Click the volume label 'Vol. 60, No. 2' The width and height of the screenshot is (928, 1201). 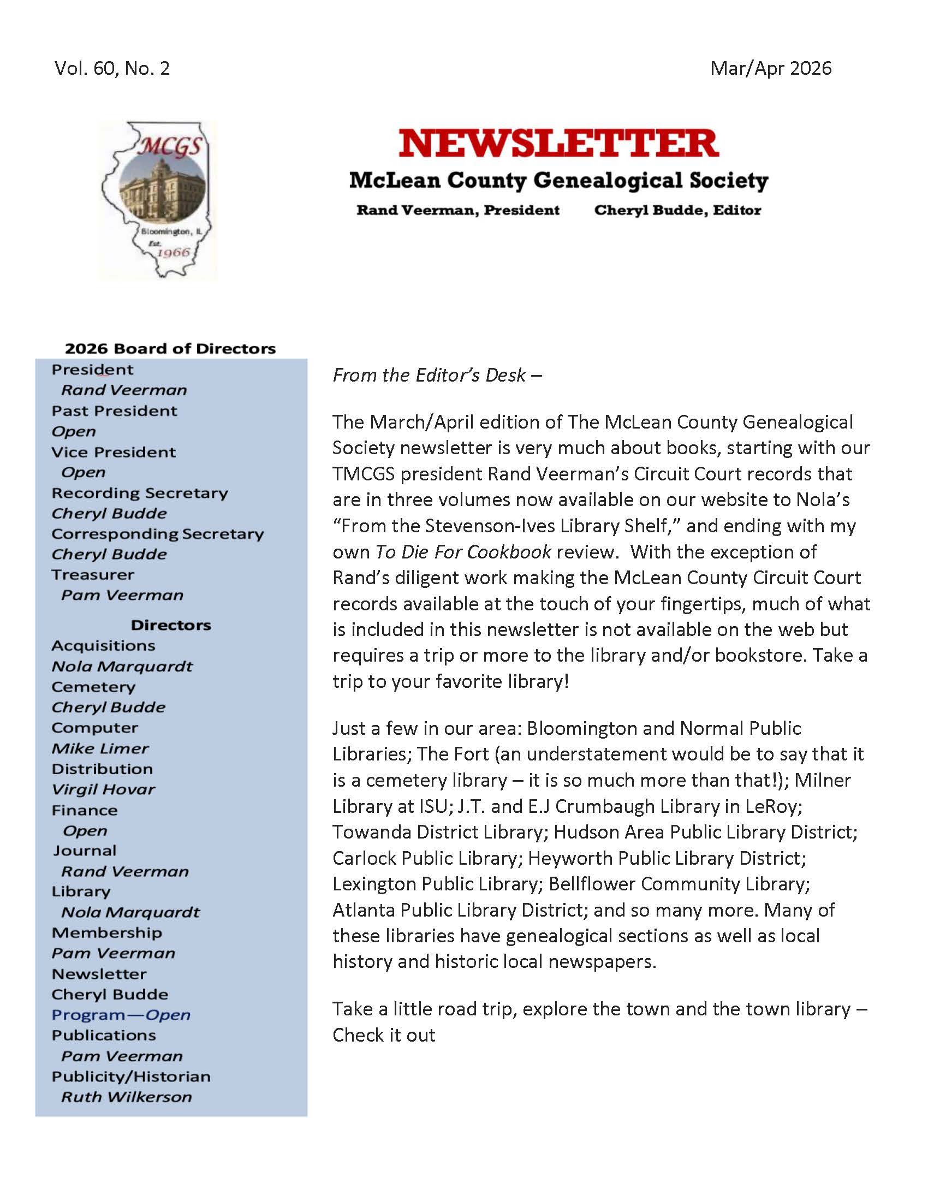112,68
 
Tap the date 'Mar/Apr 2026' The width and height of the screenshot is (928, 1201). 770,68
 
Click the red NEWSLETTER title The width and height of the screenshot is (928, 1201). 558,144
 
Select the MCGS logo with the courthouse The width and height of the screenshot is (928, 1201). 158,200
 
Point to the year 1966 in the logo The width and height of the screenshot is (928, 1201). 173,252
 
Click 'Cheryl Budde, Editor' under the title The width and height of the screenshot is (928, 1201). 677,210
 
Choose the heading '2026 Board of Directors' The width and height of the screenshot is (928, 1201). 170,349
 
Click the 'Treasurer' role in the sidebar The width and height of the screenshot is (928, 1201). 93,575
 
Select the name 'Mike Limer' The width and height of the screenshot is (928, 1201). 100,748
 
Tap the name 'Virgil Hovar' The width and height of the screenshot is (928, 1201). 103,790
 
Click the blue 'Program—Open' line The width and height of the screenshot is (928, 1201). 121,1015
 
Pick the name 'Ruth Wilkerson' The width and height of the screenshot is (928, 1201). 127,1097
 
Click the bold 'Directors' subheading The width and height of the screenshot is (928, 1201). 171,625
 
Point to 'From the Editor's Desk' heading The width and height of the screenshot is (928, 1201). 437,375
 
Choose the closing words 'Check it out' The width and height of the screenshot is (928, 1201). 384,1035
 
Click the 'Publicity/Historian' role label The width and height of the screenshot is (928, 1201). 131,1076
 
